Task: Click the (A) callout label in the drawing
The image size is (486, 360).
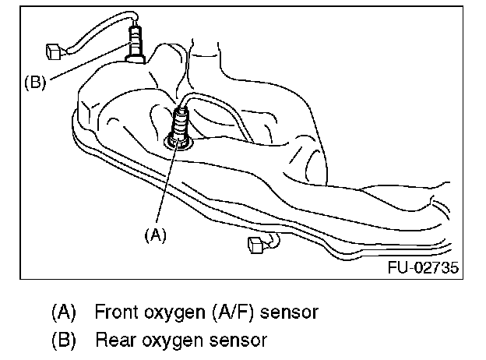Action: (x=154, y=232)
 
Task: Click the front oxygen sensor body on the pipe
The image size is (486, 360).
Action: (x=181, y=125)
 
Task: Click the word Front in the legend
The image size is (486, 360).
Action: (x=116, y=313)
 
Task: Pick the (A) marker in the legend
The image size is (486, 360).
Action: (x=64, y=313)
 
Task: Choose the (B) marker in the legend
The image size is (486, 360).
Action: (x=64, y=341)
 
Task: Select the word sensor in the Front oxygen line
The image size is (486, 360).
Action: (x=289, y=313)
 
